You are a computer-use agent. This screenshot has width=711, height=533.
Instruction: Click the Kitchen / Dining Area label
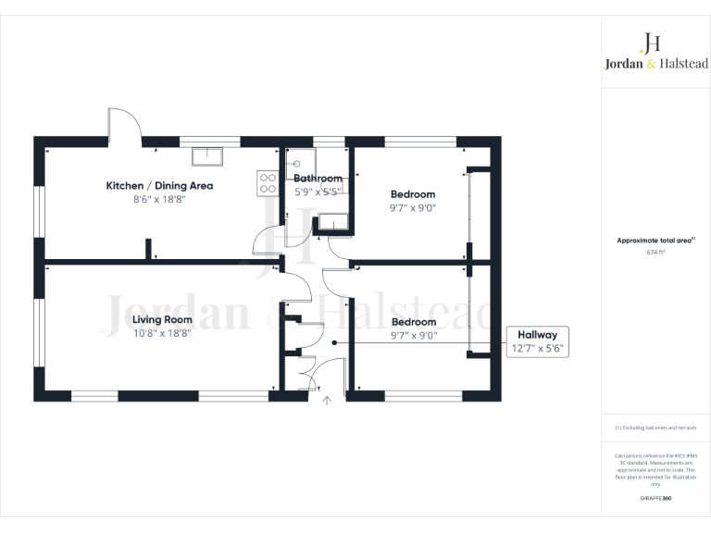pos(159,186)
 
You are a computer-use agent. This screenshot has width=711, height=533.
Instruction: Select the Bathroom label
pos(318,179)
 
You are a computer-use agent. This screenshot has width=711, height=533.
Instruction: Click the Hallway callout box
pos(538,341)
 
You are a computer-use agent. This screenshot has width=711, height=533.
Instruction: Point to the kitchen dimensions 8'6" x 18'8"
pos(159,199)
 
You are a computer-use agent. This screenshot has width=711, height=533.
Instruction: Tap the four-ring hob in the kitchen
pos(268,183)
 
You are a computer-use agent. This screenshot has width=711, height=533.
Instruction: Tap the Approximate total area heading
pos(654,241)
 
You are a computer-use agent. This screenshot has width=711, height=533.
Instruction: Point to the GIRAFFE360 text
pos(655,499)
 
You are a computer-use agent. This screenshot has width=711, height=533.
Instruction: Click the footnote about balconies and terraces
pos(655,428)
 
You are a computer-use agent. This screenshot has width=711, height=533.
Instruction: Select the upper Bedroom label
pos(412,194)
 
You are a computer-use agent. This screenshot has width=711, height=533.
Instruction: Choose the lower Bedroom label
pos(412,322)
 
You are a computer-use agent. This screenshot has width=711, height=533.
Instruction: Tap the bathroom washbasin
pos(331,221)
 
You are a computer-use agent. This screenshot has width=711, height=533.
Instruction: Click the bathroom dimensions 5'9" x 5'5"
pos(318,192)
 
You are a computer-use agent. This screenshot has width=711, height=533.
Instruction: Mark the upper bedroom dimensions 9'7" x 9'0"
pos(412,208)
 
